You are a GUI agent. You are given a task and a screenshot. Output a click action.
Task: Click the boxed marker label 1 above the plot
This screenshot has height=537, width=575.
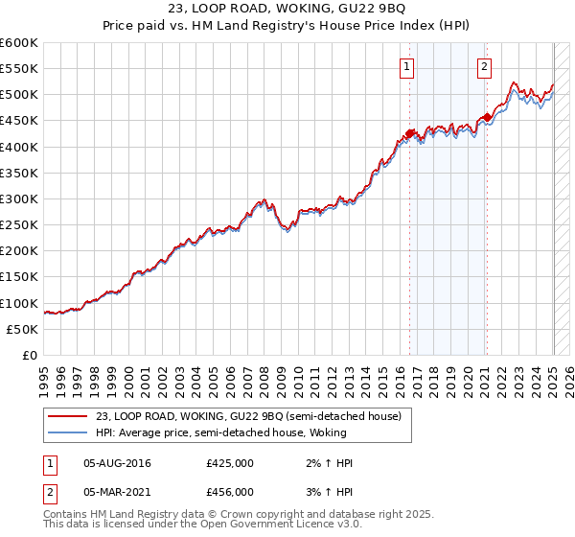[408, 67]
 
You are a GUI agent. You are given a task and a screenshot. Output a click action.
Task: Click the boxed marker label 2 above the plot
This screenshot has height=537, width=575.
[484, 67]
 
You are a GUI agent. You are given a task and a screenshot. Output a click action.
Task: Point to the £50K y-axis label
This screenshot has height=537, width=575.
[23, 329]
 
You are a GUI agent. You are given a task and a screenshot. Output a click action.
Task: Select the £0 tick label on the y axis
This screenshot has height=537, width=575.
[30, 355]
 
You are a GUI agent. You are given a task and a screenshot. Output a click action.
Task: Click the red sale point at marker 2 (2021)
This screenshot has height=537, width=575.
[486, 118]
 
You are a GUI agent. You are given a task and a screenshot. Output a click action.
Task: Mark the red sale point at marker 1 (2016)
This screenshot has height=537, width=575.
[409, 133]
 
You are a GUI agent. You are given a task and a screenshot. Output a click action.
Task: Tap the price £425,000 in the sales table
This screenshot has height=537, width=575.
[230, 463]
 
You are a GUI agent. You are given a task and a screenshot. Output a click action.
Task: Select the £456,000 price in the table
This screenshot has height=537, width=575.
[230, 491]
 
